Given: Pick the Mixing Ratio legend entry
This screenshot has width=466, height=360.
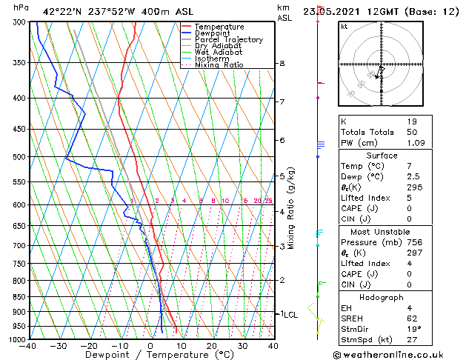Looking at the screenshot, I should (219, 65).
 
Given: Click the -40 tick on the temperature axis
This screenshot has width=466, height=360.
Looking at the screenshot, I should (28, 346).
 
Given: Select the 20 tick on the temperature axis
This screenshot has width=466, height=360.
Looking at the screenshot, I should (212, 346).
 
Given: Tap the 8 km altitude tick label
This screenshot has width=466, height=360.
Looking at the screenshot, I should (282, 64).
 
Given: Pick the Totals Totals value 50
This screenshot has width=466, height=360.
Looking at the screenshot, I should (412, 132).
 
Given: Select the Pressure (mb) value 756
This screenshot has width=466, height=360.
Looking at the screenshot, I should (414, 242).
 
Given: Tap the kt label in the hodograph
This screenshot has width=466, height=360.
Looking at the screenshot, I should (344, 27).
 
